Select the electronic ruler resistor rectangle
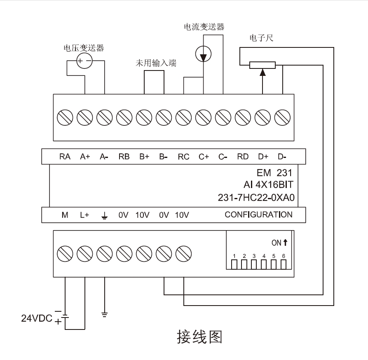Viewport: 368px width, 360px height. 263,65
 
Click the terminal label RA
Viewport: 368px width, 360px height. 65,157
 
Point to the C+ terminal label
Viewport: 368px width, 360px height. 204,157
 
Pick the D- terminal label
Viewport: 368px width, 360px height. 282,157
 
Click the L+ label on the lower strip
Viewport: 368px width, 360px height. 84,215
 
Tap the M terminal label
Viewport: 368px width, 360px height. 65,215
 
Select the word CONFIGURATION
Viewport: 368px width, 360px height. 258,214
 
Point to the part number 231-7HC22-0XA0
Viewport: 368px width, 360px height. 255,198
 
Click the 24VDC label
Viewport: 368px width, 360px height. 37,318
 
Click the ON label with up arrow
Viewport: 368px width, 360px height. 279,243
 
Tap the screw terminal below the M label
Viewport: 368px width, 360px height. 65,252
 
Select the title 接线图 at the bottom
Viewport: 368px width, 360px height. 199,337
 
